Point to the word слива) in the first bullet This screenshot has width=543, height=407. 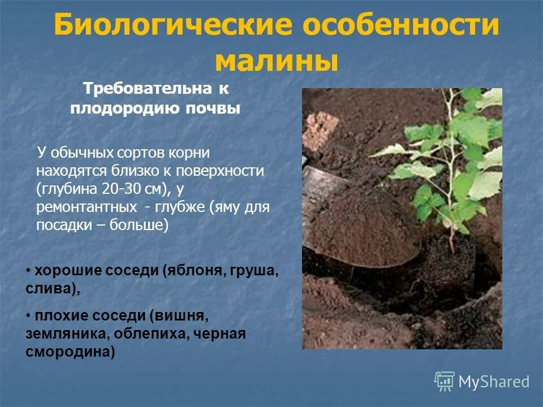click(x=52, y=289)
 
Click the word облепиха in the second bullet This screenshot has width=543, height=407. click(x=152, y=334)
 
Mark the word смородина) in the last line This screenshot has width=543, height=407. click(x=70, y=352)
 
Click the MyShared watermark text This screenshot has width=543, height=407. click(x=494, y=382)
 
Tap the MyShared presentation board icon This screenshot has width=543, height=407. click(x=445, y=382)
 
